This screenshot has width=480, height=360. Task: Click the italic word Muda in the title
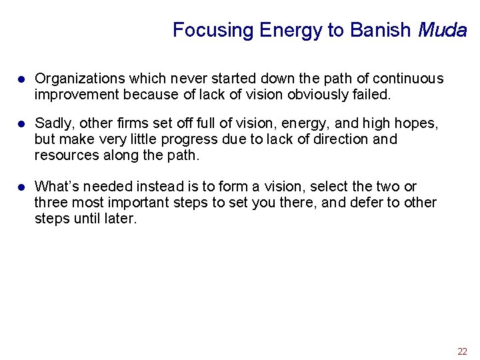tap(442, 30)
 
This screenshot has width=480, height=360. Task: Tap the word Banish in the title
tap(381, 30)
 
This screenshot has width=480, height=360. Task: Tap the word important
tap(136, 203)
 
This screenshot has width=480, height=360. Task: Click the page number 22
tap(462, 351)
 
